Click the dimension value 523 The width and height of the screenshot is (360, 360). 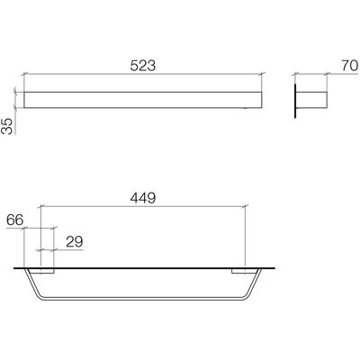(x=143, y=66)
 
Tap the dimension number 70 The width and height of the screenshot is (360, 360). (x=349, y=66)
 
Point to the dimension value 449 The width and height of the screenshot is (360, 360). (x=143, y=198)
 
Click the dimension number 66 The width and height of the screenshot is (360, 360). (x=15, y=220)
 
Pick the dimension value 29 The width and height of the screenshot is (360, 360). (x=75, y=242)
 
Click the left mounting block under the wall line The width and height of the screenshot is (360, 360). (x=47, y=271)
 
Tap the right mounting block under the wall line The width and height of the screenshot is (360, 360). (x=238, y=271)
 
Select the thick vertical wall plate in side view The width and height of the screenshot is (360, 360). (x=295, y=101)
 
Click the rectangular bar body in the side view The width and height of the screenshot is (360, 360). (x=311, y=100)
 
